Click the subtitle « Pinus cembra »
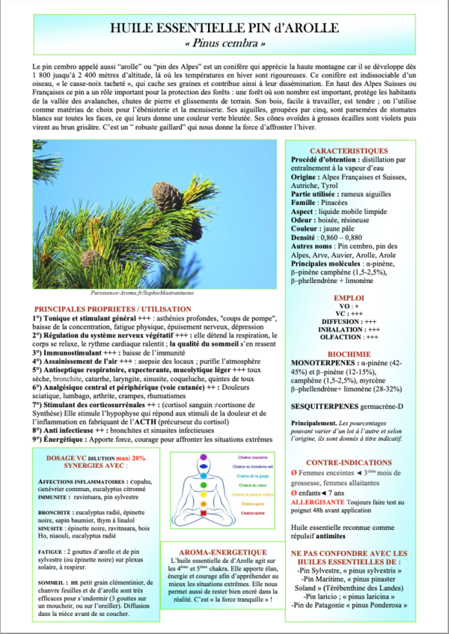(224, 44)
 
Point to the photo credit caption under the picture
(141, 293)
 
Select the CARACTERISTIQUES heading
(349, 150)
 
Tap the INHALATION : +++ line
(349, 328)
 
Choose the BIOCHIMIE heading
(349, 353)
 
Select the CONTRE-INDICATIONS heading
(349, 463)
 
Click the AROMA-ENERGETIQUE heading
(224, 550)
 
